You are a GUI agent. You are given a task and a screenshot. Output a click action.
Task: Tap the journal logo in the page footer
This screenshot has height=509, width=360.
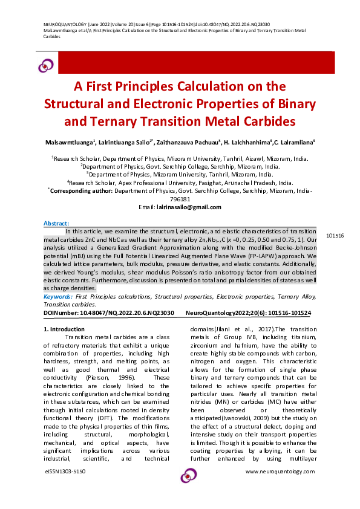(188, 475)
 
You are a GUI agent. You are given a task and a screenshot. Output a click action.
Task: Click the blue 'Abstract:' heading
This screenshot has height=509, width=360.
(56, 224)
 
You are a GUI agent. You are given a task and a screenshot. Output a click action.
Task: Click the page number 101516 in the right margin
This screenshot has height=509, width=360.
(335, 235)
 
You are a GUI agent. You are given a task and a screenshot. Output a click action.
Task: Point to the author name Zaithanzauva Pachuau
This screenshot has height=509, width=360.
(192, 143)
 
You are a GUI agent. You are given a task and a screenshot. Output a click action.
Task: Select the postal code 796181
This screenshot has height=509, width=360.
(180, 198)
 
